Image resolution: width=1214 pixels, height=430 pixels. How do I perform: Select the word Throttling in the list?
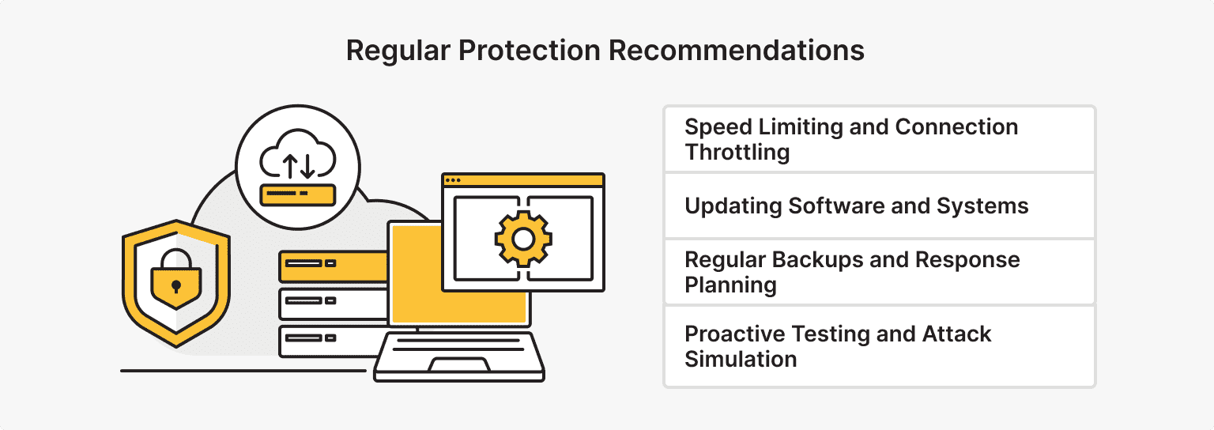pos(737,152)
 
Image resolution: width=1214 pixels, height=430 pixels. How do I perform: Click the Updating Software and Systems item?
pos(857,206)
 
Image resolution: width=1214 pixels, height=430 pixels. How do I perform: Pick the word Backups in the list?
pos(807,260)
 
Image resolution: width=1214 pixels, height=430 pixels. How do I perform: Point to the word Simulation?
pos(741,359)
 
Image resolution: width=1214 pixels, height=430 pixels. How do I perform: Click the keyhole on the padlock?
pos(175,284)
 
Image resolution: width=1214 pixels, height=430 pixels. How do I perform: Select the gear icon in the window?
pos(522,238)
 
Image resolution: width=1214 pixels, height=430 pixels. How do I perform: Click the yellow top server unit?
pos(332,266)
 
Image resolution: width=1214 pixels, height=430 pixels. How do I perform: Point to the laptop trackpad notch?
pos(458,365)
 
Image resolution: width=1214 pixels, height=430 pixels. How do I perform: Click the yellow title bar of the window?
pos(522,180)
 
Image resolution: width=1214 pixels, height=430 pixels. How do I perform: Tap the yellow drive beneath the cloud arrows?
pos(298,194)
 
